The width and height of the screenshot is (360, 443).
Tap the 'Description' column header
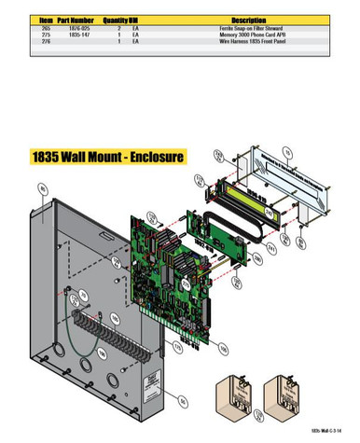click(x=247, y=19)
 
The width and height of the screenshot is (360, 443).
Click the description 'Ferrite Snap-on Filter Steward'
click(x=247, y=28)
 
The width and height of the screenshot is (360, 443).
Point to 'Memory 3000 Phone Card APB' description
click(x=247, y=35)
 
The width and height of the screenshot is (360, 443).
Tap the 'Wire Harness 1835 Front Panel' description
click(x=247, y=41)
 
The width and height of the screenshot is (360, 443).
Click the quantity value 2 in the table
click(x=119, y=28)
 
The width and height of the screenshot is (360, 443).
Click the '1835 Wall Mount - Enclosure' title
click(x=107, y=155)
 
